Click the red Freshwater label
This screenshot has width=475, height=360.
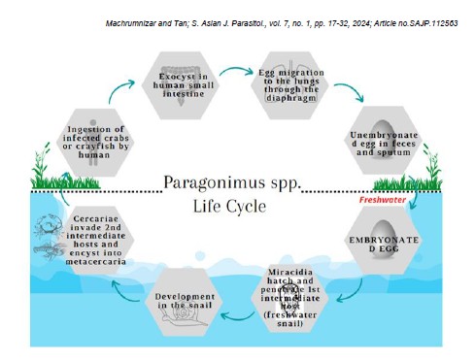tap(383, 200)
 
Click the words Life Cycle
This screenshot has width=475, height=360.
tap(229, 207)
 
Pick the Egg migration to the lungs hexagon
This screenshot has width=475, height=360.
tap(289, 85)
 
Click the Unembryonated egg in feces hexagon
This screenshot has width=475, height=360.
tap(384, 141)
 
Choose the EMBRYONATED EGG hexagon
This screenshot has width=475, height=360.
tap(384, 241)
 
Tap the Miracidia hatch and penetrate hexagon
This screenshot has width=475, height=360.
tap(289, 298)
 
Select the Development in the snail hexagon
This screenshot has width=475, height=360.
tap(184, 302)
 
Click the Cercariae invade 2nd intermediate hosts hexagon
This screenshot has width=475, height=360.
tap(95, 241)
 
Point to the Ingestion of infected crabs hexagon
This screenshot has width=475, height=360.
tap(95, 143)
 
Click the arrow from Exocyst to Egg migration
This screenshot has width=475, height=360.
tap(236, 69)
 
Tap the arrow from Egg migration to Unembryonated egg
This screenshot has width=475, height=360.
tap(352, 89)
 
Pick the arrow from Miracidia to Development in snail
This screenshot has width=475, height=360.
tap(237, 317)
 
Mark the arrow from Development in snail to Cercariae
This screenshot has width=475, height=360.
tap(124, 293)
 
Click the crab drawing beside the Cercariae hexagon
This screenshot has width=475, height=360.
tap(48, 224)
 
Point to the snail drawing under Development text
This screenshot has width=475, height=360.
tap(185, 316)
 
